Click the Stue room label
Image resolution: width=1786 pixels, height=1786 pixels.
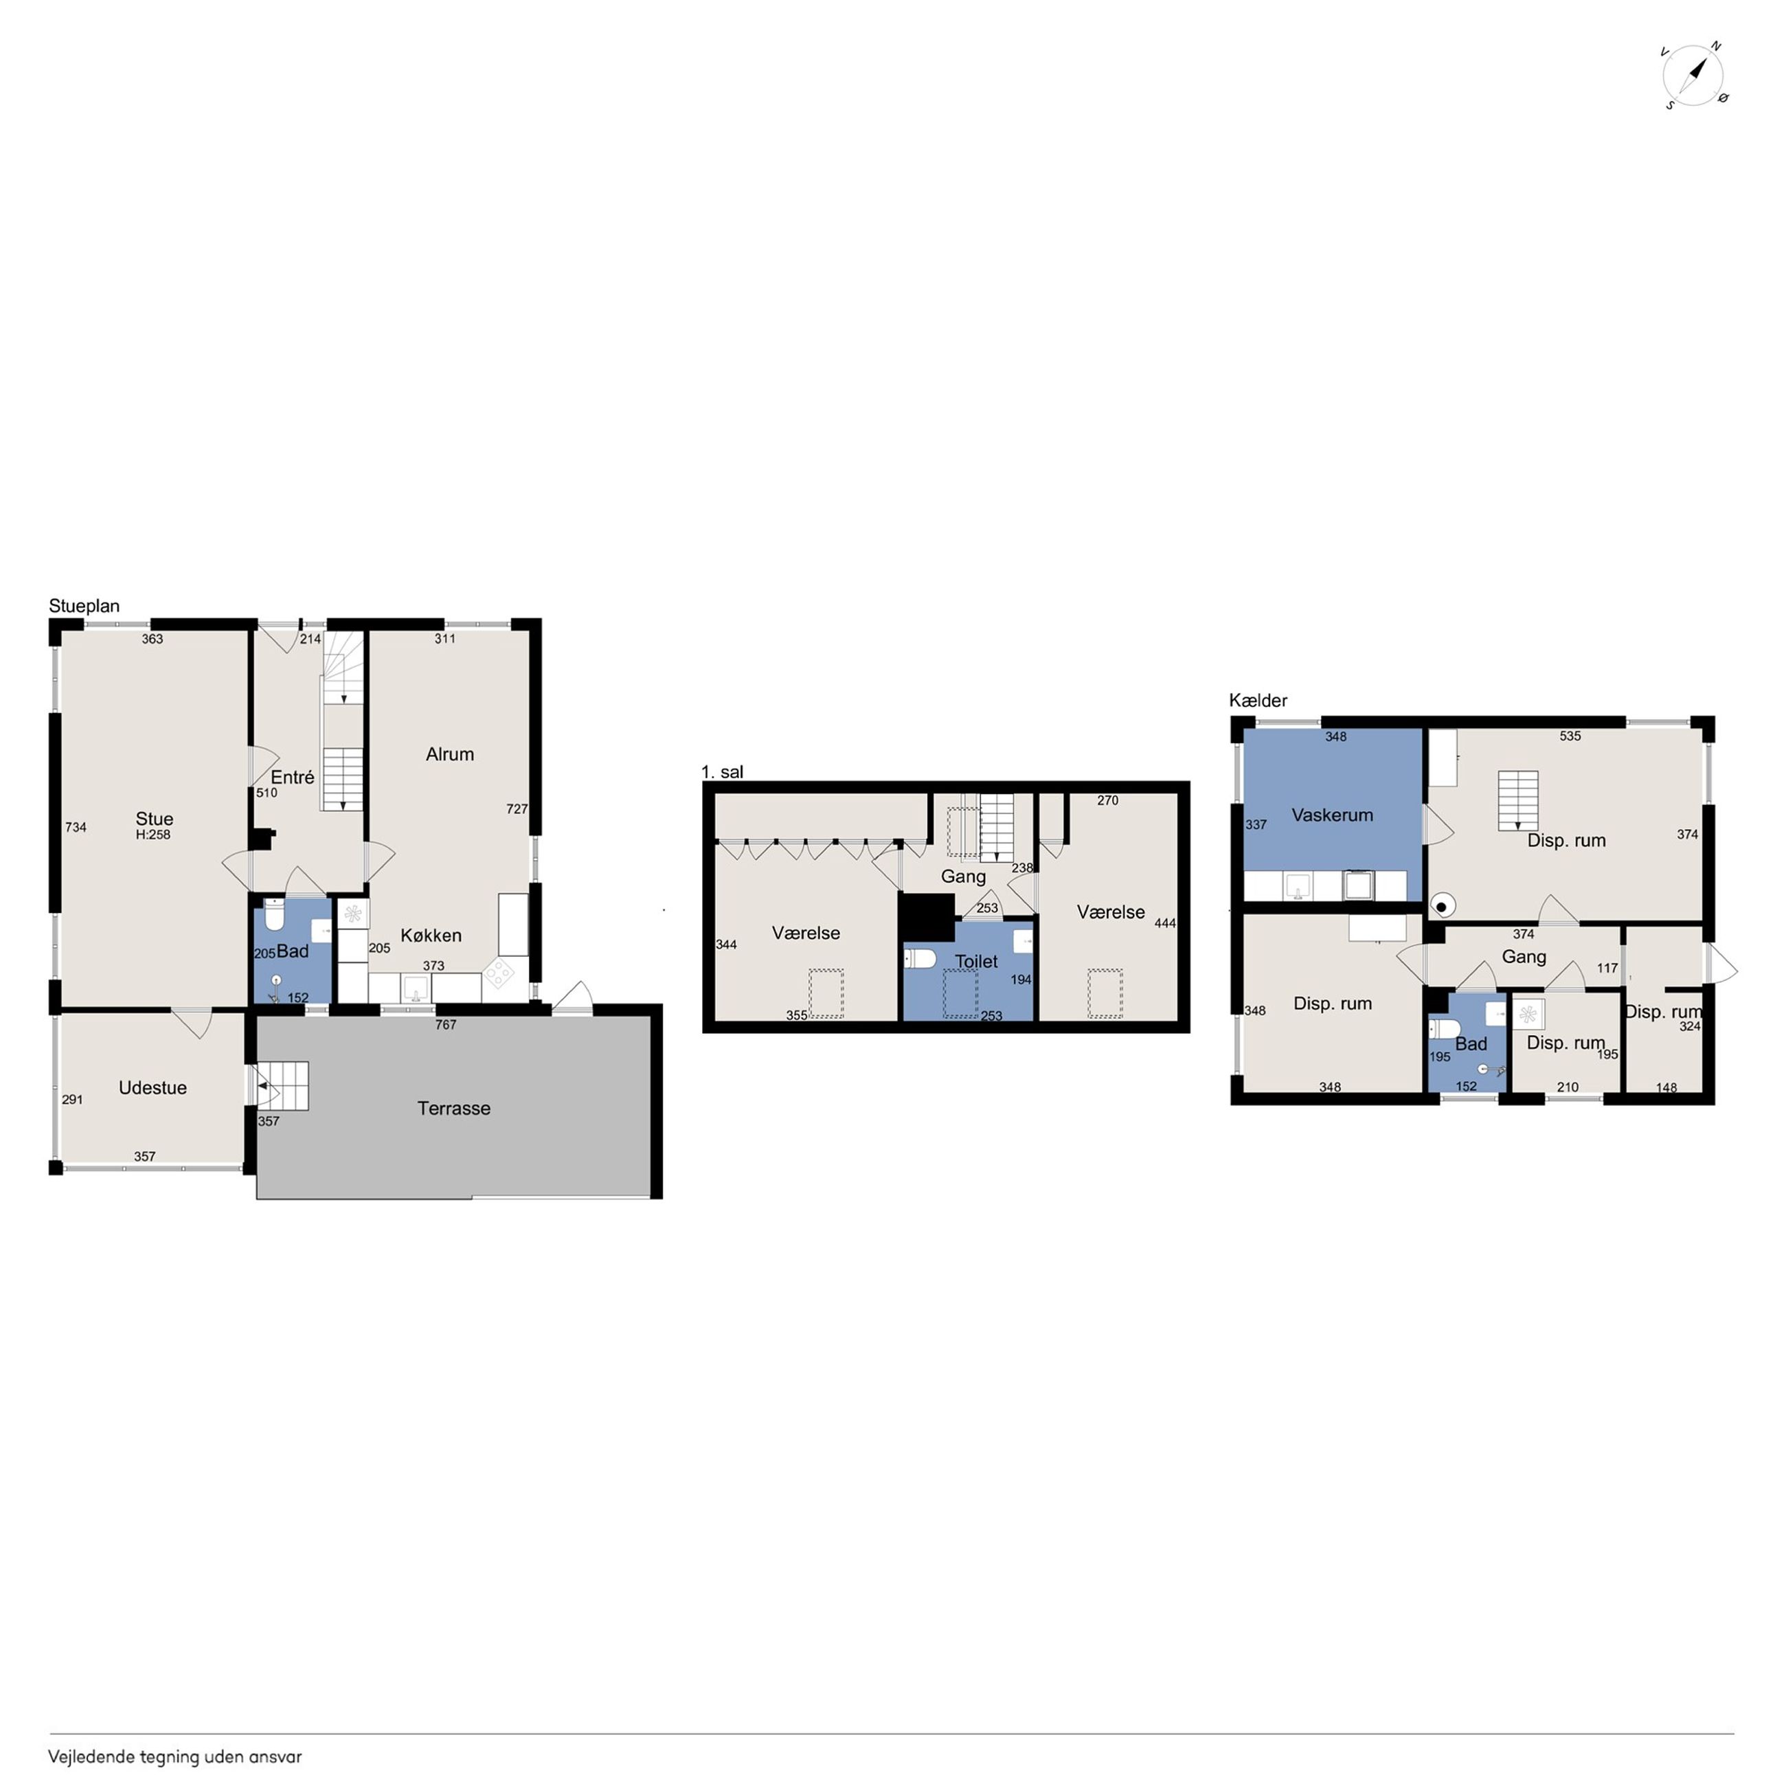click(155, 819)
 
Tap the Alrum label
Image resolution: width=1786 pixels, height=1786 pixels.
click(450, 754)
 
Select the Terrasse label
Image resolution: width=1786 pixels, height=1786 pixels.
click(454, 1109)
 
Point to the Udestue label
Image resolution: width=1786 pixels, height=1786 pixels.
click(152, 1088)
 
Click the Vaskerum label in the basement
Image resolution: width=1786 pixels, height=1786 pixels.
click(1332, 815)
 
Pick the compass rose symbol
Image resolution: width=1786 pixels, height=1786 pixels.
click(1695, 74)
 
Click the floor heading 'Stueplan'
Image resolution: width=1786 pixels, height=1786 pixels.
click(84, 607)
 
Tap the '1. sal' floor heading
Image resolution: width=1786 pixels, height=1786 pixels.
click(722, 772)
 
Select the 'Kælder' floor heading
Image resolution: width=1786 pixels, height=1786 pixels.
click(1258, 701)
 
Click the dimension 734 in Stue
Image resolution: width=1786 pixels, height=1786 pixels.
click(76, 827)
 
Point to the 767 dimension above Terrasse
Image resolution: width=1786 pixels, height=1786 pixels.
click(446, 1024)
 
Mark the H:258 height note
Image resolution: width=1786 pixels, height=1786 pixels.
click(153, 835)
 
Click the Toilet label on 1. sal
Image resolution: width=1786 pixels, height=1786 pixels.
click(976, 962)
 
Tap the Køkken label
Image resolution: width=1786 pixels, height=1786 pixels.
click(431, 936)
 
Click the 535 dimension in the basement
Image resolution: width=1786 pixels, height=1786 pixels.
click(1570, 736)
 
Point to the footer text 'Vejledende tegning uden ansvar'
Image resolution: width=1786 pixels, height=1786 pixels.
click(176, 1757)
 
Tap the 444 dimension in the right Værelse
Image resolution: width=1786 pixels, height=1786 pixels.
click(1165, 923)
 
